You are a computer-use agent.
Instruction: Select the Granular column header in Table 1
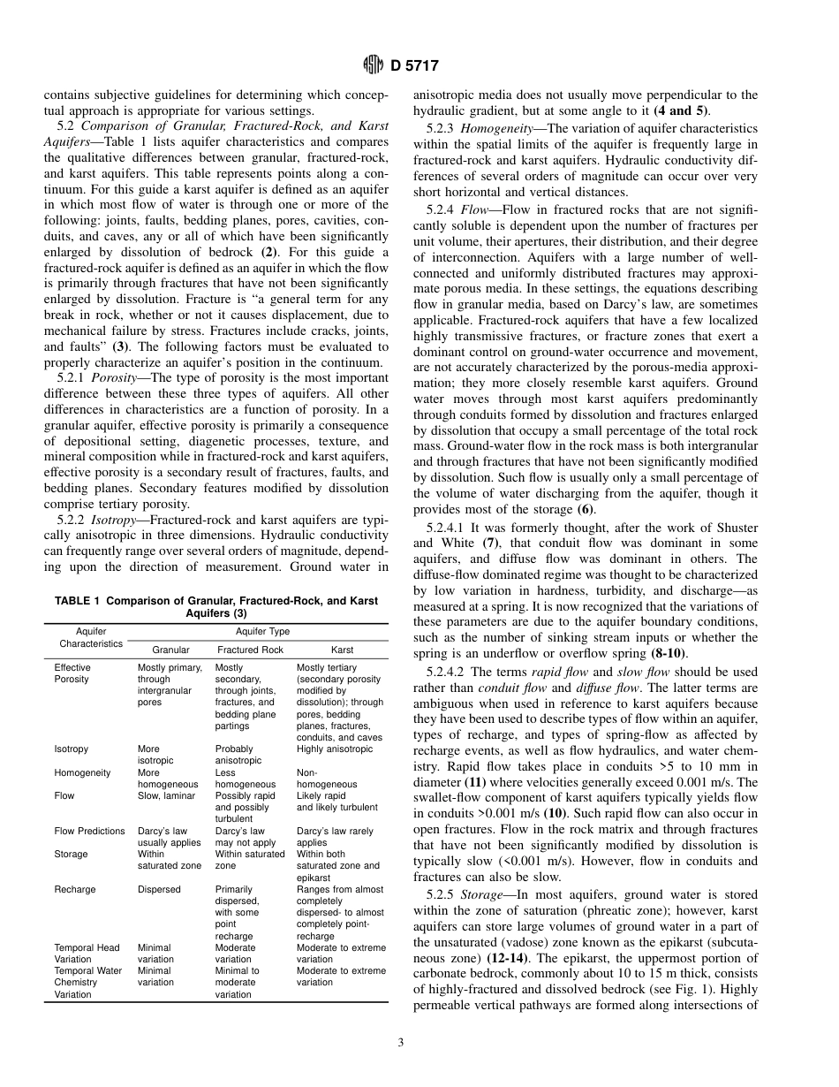coord(170,650)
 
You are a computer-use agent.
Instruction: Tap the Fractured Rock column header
coord(250,650)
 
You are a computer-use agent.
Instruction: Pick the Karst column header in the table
coord(342,650)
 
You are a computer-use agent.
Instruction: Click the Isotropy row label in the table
coord(72,749)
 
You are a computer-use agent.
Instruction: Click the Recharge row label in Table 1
coord(75,889)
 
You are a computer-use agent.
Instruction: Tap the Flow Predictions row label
coord(90,831)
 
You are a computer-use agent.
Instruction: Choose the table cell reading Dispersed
coord(159,889)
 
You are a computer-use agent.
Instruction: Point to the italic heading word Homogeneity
coord(491,128)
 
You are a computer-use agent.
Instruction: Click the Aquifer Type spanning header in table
coord(262,631)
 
